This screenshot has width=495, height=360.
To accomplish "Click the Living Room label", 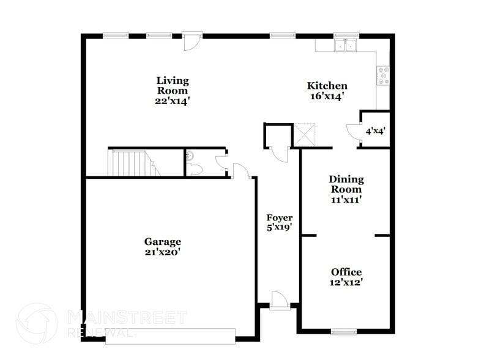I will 172,90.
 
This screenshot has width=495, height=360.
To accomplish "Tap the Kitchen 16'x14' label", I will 327,91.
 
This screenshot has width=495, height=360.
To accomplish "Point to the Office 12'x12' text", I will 346,277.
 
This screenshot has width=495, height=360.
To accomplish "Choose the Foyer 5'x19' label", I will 279,222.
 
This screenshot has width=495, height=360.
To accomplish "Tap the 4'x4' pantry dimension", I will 375,130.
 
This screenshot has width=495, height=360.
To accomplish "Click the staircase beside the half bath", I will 130,163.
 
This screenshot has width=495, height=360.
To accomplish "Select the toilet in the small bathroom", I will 193,163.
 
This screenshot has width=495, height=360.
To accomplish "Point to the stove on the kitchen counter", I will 384,75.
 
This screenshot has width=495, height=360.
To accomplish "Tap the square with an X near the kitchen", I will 303,135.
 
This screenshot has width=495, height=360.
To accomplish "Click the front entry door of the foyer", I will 278,300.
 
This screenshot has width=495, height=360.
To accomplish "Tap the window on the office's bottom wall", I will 343,332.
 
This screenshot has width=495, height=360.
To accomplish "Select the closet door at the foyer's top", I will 278,154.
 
